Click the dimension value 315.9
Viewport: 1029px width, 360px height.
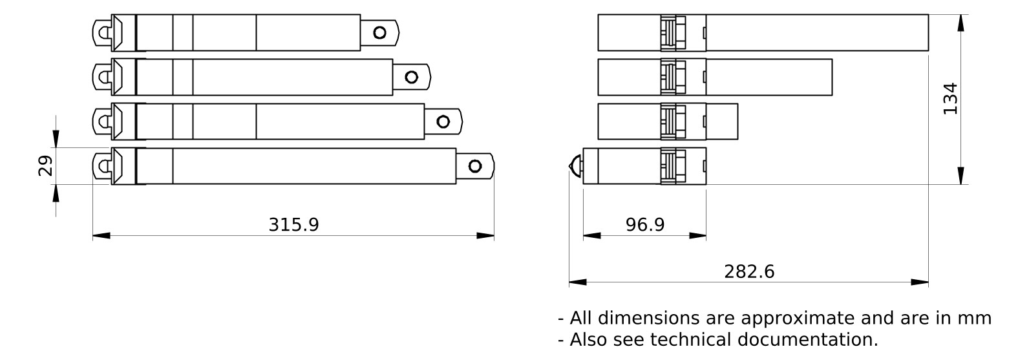pyautogui.click(x=293, y=225)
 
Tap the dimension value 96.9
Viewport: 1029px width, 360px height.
pyautogui.click(x=644, y=225)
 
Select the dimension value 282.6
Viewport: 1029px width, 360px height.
pyautogui.click(x=749, y=271)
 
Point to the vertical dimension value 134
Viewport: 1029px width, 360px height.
pyautogui.click(x=950, y=99)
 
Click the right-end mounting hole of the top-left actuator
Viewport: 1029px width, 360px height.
pyautogui.click(x=379, y=33)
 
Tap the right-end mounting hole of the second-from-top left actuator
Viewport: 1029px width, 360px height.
pyautogui.click(x=411, y=78)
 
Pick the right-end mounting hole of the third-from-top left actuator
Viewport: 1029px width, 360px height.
pyautogui.click(x=443, y=122)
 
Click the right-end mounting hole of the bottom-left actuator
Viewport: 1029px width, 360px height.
pyautogui.click(x=475, y=166)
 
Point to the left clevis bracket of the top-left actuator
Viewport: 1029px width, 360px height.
pyautogui.click(x=102, y=33)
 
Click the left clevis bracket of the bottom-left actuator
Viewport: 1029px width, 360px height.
pyautogui.click(x=102, y=166)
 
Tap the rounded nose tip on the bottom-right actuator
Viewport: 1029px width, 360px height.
pyautogui.click(x=574, y=166)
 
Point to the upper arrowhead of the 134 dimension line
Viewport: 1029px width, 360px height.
pyautogui.click(x=961, y=23)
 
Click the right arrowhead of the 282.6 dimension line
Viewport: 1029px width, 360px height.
pyautogui.click(x=920, y=282)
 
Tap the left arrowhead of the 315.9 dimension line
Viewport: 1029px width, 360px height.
pyautogui.click(x=101, y=236)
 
